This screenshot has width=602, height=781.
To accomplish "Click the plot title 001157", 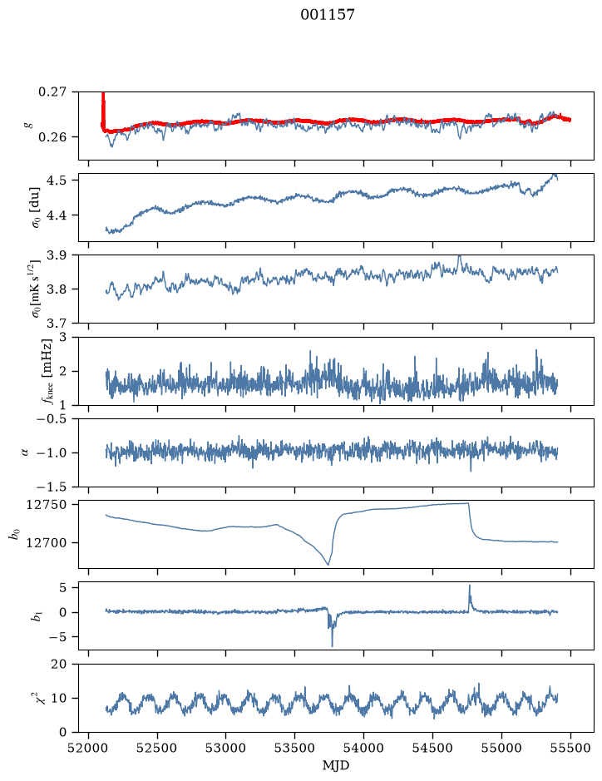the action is tap(327, 15).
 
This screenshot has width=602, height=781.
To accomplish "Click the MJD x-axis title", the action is tap(336, 765).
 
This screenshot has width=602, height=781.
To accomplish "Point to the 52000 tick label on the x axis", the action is tap(89, 748).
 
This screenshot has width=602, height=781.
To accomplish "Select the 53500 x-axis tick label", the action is tap(295, 748).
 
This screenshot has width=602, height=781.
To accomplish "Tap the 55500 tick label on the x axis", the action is tap(570, 748).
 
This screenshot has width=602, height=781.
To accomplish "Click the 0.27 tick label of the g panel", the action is tap(52, 92).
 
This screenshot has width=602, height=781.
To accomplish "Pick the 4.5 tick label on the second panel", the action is tap(57, 180).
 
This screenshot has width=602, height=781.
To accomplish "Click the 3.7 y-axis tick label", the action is tap(57, 324).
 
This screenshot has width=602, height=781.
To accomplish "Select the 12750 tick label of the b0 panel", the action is tap(47, 505).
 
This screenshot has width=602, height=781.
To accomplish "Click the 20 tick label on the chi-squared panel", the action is tap(58, 664).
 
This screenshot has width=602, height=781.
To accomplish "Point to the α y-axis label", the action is tap(26, 452).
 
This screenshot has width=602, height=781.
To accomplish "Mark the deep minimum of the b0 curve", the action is tap(328, 564).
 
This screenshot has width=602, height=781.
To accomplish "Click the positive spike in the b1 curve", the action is tap(469, 586).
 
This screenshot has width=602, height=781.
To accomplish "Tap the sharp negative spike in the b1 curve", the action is tap(332, 646).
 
